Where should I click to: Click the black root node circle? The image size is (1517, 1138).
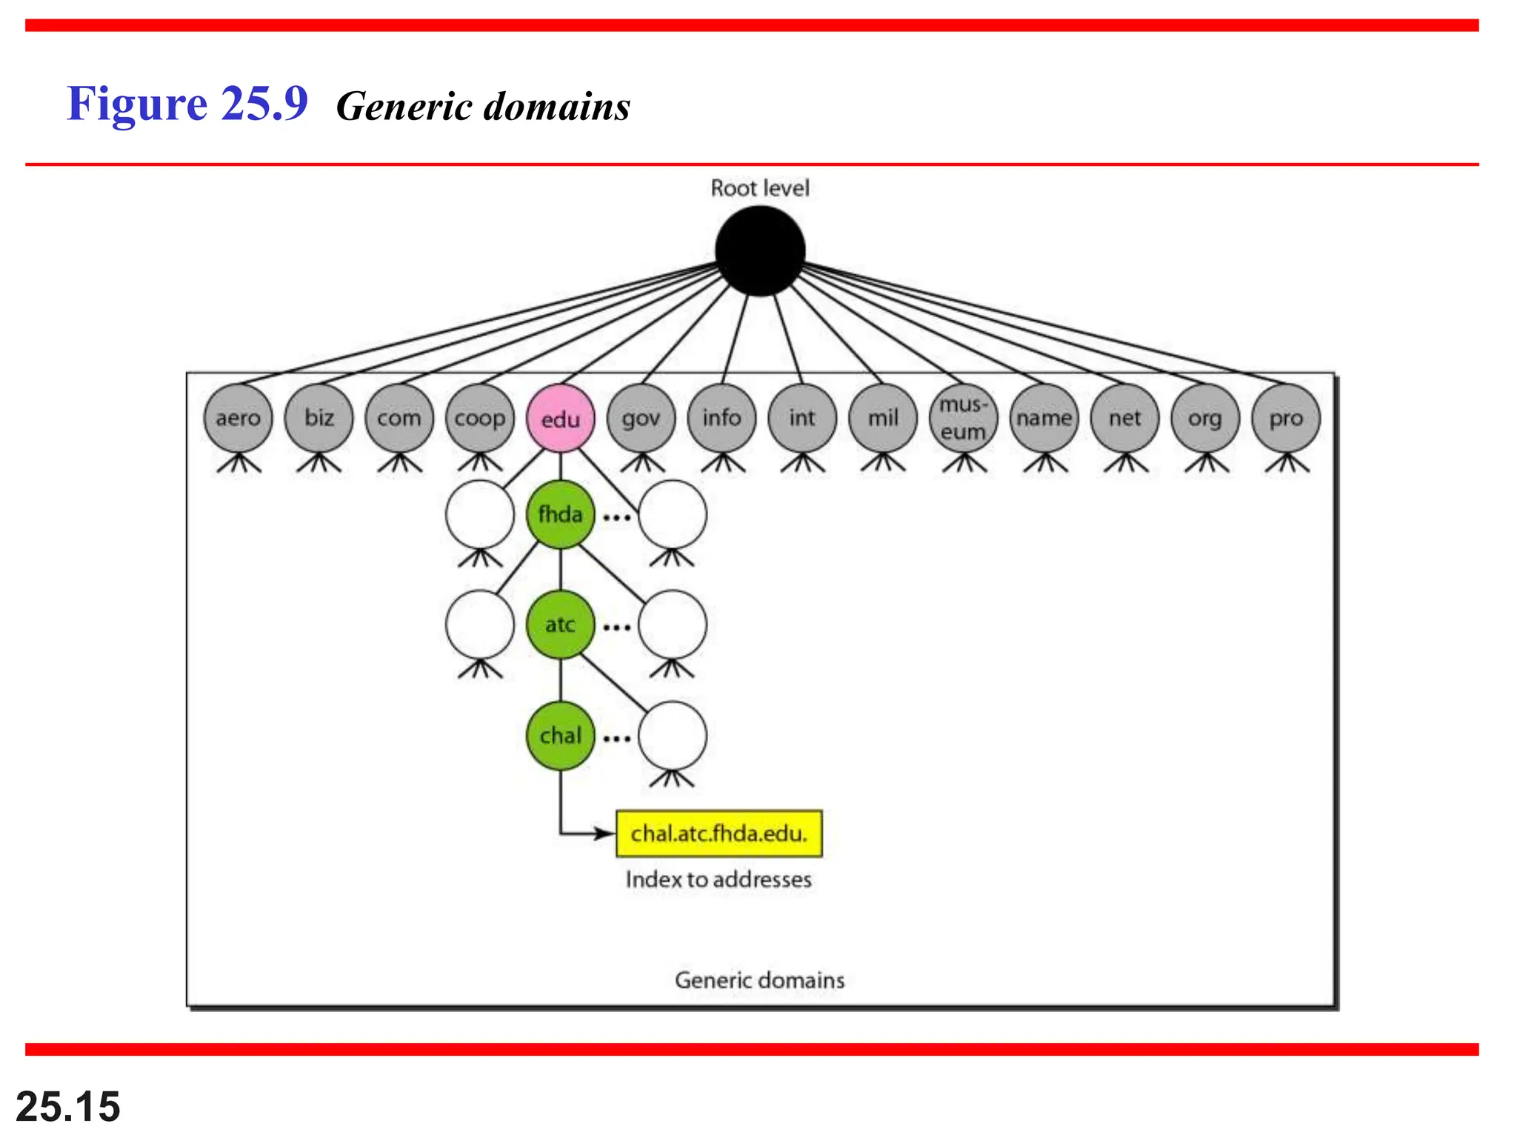(760, 250)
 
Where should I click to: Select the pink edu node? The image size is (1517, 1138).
(560, 419)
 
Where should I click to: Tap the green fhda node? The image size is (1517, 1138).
(560, 514)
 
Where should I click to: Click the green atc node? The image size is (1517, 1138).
(560, 625)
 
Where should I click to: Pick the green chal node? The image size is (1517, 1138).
(560, 736)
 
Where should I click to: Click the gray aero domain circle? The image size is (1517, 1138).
(238, 418)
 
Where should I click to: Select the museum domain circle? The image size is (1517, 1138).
(963, 418)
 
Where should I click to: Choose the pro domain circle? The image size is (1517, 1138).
(1286, 418)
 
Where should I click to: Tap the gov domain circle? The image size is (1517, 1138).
(641, 418)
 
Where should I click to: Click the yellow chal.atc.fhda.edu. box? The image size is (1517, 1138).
(719, 833)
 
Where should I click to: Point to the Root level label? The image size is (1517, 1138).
(760, 188)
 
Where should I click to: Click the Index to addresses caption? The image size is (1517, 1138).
(719, 879)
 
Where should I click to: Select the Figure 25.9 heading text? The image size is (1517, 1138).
(187, 104)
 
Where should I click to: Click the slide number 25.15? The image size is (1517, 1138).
(67, 1106)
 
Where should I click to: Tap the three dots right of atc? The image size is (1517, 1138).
(616, 627)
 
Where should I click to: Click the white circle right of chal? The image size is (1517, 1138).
(672, 736)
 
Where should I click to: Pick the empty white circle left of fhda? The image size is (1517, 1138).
(479, 514)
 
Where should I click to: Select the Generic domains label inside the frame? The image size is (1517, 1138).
(760, 980)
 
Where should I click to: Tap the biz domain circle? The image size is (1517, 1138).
(319, 418)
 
